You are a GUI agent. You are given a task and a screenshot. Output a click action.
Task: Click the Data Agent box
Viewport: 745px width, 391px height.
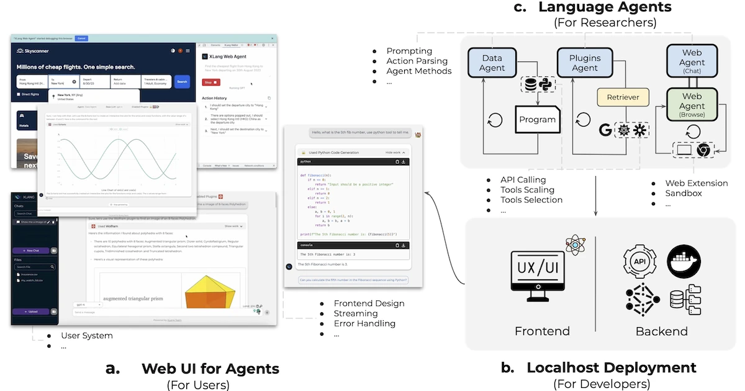(492, 63)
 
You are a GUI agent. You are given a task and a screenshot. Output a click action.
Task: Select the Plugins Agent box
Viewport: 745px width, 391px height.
(585, 63)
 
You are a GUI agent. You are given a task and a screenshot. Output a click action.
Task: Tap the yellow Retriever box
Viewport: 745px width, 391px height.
(623, 97)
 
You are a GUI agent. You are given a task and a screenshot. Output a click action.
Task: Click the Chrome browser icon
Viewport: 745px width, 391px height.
(703, 150)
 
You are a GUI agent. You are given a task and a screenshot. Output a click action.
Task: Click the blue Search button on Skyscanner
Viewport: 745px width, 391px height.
(181, 81)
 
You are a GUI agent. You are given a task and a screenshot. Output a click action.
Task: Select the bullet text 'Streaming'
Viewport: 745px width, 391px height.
(356, 313)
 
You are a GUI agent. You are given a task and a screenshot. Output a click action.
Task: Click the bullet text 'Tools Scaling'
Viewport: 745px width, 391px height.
(527, 190)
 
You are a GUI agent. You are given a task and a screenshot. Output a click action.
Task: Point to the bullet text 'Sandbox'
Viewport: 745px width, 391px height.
(684, 193)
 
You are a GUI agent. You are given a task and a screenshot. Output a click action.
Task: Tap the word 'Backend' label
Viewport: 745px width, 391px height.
(661, 331)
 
